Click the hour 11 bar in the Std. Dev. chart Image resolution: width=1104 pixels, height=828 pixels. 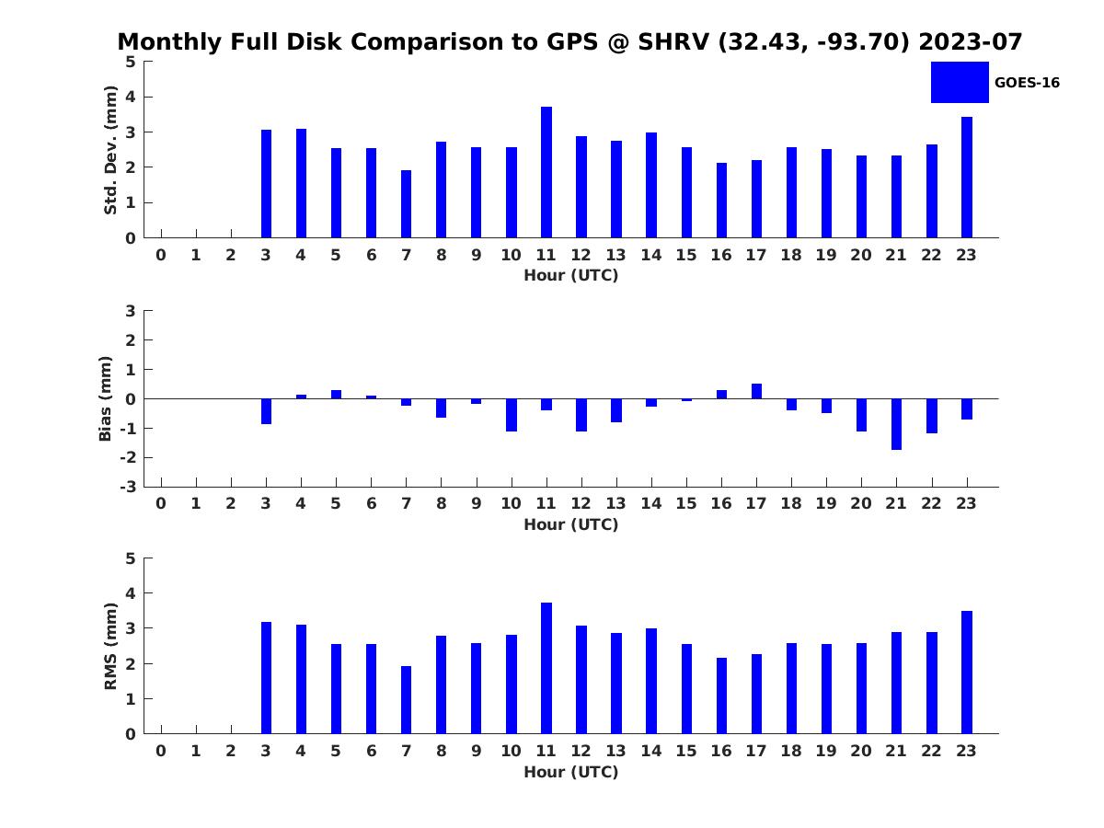coord(546,172)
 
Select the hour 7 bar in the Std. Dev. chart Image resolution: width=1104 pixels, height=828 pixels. coord(406,203)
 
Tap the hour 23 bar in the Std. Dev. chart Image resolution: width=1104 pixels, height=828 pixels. coord(966,177)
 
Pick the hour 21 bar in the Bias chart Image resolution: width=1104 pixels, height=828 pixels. coord(896,424)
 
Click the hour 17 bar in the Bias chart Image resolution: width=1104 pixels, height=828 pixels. coord(756,391)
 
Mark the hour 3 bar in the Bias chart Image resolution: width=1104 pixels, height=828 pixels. coord(266,411)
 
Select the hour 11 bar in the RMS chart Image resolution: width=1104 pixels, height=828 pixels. coord(546,668)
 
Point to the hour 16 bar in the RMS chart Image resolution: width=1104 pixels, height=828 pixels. coord(721,696)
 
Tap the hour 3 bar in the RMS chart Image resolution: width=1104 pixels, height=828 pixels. coord(266,678)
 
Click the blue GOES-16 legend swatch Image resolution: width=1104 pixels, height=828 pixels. coord(960,83)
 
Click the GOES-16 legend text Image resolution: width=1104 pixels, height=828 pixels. coord(1027,83)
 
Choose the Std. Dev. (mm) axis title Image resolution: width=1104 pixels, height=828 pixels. coord(110,150)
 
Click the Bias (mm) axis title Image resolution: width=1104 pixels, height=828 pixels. coord(105,398)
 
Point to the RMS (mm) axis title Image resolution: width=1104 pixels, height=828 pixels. coord(110,646)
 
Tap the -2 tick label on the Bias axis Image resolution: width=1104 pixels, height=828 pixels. coord(128,457)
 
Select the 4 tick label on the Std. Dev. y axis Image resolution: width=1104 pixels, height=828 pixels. coord(131,97)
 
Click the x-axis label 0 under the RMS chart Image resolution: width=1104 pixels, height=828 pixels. coord(161,751)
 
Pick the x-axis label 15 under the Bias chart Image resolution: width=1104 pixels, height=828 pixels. coord(686,503)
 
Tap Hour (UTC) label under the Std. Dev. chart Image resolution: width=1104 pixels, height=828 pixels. coord(571,275)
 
